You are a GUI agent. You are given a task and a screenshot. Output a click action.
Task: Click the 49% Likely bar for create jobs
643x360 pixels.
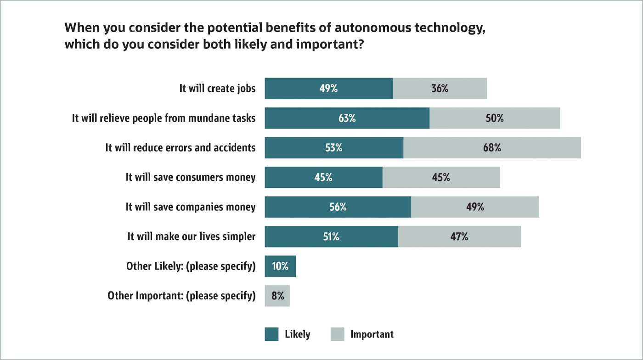point(328,89)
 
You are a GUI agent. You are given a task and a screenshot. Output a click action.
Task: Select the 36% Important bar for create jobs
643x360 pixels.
point(440,89)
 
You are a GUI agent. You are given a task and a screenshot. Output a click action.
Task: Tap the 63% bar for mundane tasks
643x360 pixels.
point(347,118)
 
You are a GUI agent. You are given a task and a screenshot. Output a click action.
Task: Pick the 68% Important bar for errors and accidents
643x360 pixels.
point(492,148)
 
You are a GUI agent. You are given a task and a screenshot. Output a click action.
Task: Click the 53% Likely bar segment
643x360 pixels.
point(334,148)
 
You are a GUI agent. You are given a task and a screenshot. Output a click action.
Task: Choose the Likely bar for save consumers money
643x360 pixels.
point(323,177)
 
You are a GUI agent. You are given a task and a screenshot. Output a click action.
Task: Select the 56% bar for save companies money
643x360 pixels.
point(338,207)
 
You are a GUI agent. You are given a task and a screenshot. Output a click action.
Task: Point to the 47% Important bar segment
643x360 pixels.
point(459,236)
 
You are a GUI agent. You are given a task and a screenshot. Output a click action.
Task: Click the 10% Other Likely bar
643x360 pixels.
point(280,266)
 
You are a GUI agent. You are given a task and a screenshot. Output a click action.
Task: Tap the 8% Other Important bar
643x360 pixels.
point(277,296)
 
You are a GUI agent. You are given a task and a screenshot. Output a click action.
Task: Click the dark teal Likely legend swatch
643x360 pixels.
point(271,334)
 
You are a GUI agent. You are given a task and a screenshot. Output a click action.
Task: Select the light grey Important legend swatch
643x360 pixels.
point(337,334)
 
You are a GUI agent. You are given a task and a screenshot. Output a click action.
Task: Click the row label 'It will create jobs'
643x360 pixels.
point(217,89)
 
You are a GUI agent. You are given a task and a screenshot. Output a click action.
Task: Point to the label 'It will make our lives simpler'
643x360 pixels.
point(191,236)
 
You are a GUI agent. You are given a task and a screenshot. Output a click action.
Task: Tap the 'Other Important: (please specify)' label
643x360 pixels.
point(181,296)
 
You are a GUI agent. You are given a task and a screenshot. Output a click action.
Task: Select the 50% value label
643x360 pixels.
point(495,118)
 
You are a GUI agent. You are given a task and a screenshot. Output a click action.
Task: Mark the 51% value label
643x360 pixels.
point(331,236)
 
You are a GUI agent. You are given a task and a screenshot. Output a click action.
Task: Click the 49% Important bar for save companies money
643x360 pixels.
point(475,207)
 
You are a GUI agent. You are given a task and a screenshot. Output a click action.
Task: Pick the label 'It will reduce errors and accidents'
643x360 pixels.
point(180,148)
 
